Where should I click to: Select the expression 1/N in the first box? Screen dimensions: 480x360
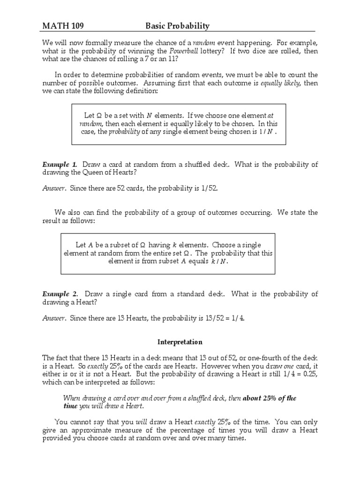(266, 132)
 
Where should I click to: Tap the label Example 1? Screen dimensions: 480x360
(60, 165)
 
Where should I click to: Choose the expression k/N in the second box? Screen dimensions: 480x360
(219, 262)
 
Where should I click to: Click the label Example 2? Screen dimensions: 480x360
(60, 294)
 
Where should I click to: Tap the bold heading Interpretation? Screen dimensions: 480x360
(180, 342)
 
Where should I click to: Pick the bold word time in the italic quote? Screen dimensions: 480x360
(70, 406)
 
